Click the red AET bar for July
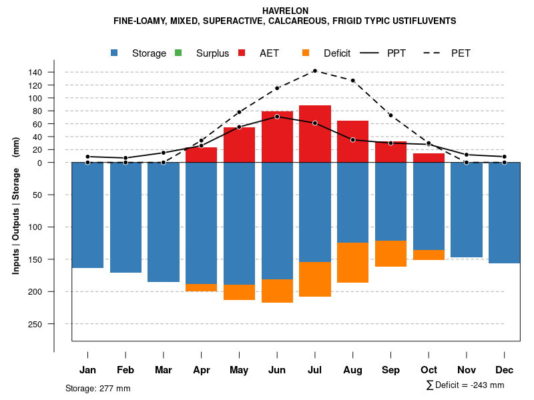click(315, 133)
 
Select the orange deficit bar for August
click(353, 263)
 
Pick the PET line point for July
click(314, 71)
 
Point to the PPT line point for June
click(277, 117)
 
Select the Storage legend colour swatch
click(115, 53)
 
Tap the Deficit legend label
click(337, 53)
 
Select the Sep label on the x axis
click(391, 370)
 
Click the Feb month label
click(125, 370)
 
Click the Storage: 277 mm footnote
click(97, 388)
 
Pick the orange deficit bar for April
click(201, 287)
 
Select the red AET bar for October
click(429, 158)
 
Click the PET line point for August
click(352, 81)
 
